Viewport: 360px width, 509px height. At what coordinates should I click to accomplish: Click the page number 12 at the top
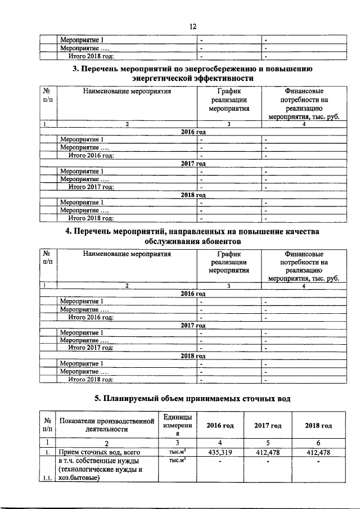[x=192, y=26]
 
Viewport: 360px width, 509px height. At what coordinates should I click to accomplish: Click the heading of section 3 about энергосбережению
[x=192, y=73]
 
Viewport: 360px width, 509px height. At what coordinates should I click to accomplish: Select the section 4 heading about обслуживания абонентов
[x=192, y=236]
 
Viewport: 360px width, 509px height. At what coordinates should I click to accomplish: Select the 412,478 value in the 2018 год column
[x=318, y=452]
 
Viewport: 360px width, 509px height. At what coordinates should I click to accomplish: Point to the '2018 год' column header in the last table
[x=318, y=425]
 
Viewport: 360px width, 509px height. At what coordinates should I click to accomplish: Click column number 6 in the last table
[x=318, y=442]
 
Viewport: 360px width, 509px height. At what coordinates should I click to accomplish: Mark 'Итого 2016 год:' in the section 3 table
[x=91, y=155]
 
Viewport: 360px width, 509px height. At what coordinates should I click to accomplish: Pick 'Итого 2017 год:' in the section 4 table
[x=91, y=348]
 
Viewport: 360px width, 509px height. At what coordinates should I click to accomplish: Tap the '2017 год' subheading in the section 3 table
[x=192, y=163]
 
